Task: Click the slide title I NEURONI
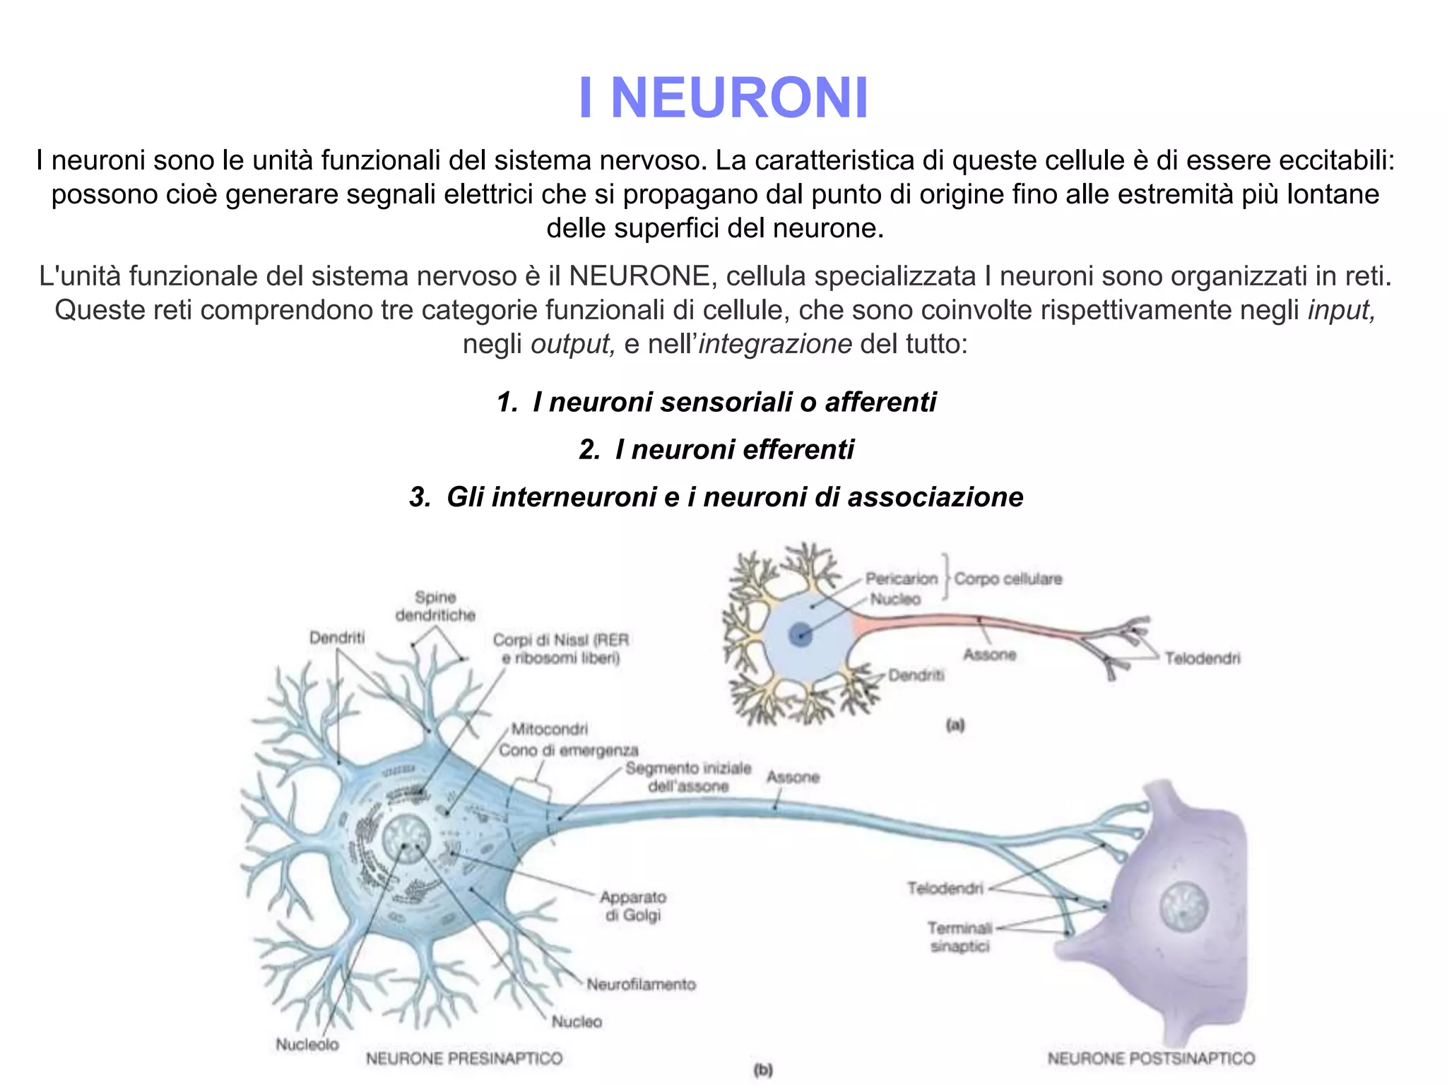(x=723, y=97)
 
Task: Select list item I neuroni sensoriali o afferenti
(x=716, y=402)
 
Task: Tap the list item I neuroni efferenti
(x=716, y=449)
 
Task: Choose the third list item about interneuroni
(x=716, y=497)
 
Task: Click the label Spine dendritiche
(x=435, y=606)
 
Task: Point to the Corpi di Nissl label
(x=561, y=648)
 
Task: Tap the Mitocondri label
(x=550, y=728)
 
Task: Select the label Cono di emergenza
(x=569, y=749)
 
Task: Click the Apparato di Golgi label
(x=633, y=906)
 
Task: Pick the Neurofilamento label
(x=641, y=984)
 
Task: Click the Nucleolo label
(x=307, y=1044)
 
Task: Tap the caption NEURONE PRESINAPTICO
(x=464, y=1058)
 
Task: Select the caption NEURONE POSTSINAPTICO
(x=1151, y=1058)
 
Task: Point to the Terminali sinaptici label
(x=960, y=937)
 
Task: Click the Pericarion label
(x=902, y=579)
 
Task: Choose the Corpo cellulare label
(x=1008, y=579)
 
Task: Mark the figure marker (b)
(x=763, y=1070)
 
